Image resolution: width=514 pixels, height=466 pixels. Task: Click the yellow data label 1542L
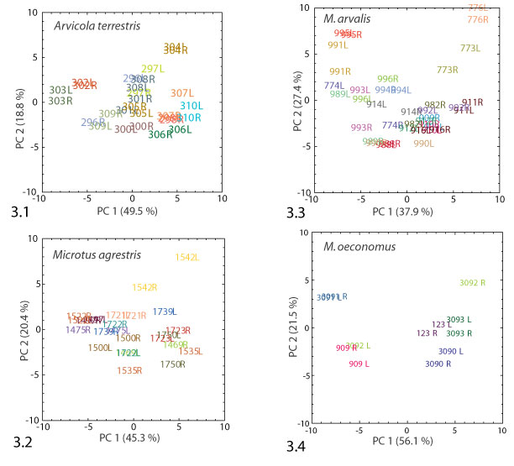187,257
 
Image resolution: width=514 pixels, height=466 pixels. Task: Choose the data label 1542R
144,287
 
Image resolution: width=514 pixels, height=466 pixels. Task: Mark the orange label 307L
182,93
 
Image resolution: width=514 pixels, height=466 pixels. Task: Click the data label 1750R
172,364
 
